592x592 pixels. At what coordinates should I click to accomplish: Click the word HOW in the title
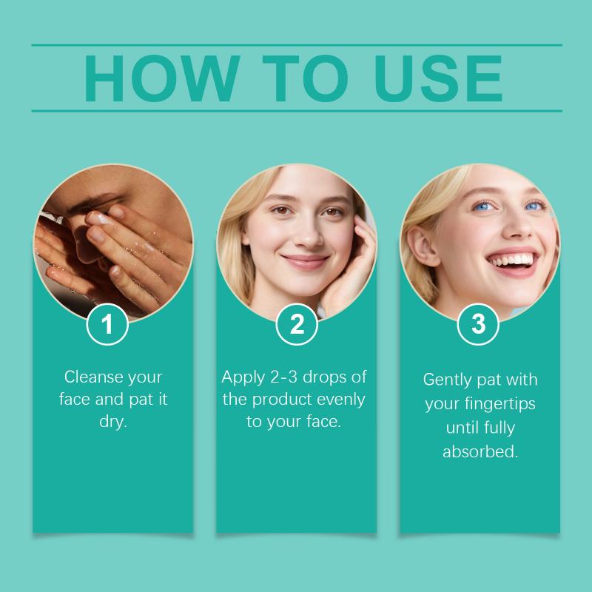point(162,78)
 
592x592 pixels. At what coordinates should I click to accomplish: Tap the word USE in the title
point(438,78)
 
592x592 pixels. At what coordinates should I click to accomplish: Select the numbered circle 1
point(107,324)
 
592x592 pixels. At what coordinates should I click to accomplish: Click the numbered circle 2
point(297,324)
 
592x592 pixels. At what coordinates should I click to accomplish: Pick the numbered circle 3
point(478,324)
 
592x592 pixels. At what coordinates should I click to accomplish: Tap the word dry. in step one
point(113,422)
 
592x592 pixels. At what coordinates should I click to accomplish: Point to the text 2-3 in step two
point(283,377)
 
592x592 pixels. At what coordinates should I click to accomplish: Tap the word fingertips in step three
point(500,403)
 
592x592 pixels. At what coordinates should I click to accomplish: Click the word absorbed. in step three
point(480,451)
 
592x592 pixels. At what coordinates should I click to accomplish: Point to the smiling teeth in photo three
point(512,260)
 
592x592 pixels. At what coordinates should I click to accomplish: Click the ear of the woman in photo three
point(422,246)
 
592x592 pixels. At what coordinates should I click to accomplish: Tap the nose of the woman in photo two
point(309,234)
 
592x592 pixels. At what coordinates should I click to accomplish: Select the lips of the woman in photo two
point(305,262)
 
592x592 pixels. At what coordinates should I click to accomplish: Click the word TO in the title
point(305,78)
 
